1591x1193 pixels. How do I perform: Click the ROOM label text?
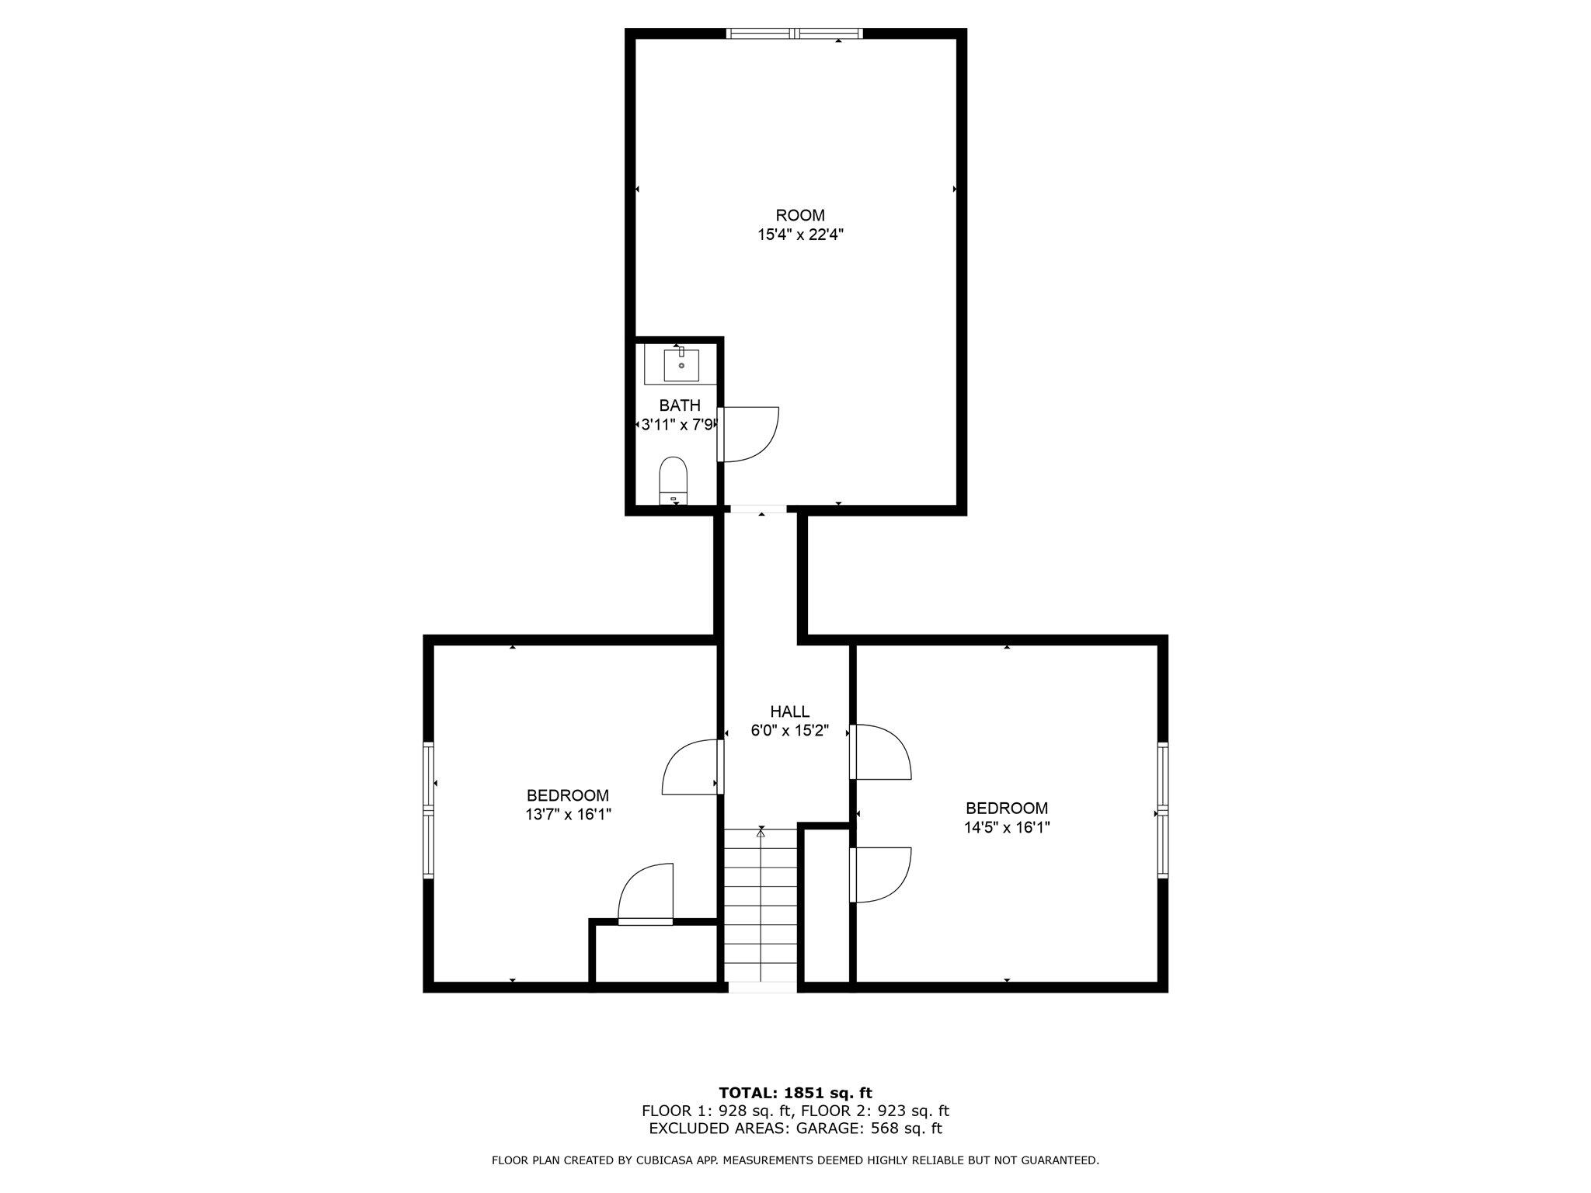point(800,215)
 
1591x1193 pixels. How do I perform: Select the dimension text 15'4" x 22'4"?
point(800,235)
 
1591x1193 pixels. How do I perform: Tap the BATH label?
point(680,405)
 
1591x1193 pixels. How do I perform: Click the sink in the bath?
point(681,365)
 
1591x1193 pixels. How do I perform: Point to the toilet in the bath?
point(674,480)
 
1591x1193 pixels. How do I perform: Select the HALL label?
point(789,711)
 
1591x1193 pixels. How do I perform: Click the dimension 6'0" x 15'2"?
point(789,731)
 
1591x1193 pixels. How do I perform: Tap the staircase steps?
point(761,909)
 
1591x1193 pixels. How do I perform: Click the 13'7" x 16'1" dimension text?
point(567,815)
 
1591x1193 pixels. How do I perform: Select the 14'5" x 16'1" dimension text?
point(1007,828)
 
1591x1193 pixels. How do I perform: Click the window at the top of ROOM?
point(794,33)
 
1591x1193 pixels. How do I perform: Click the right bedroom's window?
point(1162,810)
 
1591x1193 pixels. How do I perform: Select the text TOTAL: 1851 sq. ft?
point(795,1094)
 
